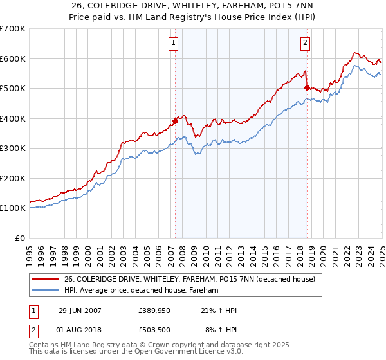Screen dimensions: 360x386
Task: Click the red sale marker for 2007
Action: [175, 120]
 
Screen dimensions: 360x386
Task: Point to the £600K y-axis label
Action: [12, 59]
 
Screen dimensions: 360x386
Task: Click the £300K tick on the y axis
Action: [12, 148]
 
